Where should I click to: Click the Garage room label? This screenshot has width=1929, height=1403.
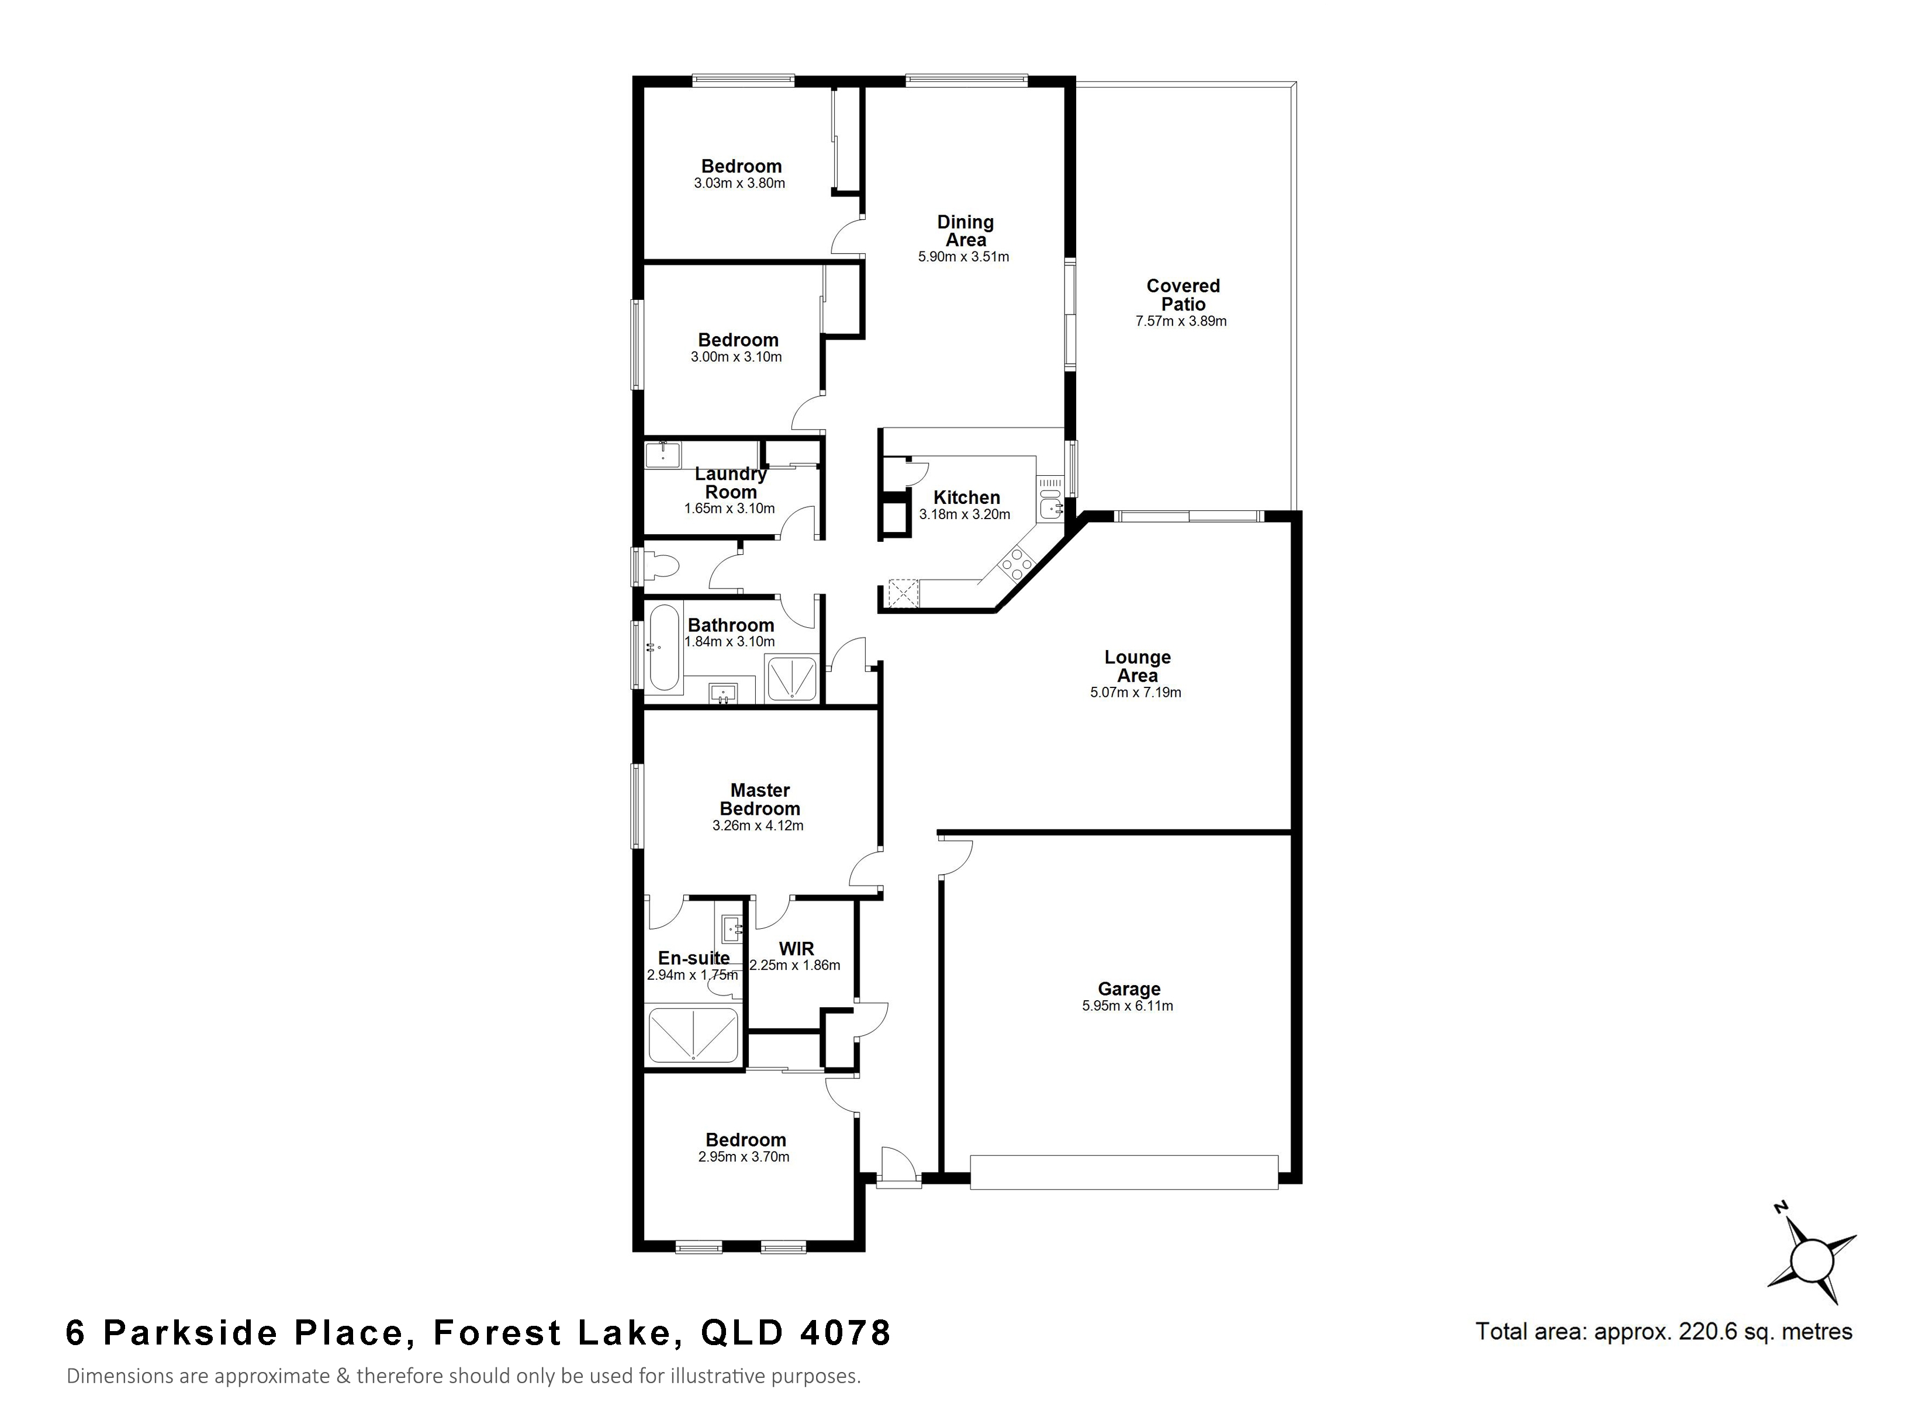point(1129,989)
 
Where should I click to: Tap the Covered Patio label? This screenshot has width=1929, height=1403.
point(1183,295)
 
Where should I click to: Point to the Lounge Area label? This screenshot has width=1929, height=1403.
point(1137,666)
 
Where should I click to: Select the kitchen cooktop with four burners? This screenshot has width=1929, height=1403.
point(1017,562)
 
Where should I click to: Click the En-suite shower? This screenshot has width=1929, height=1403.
point(693,1035)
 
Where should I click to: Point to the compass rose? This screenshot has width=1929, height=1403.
point(1813,1259)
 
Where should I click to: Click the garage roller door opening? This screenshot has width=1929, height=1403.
point(1123,1172)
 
